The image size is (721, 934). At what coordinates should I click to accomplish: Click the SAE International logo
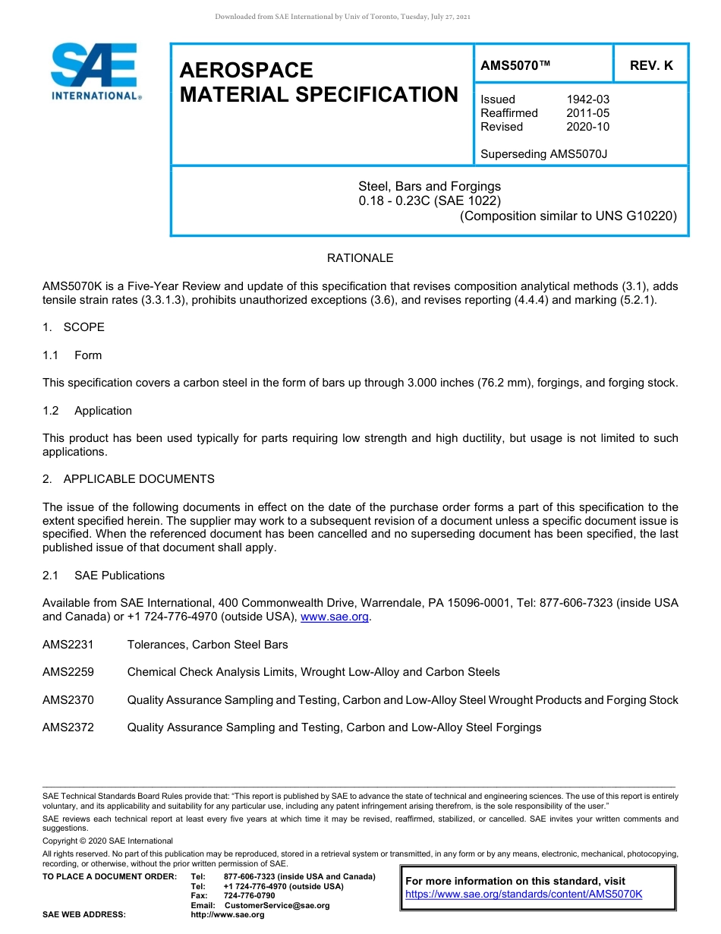[95, 71]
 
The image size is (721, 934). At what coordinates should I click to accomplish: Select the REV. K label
[651, 66]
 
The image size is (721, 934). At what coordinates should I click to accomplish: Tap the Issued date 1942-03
[587, 99]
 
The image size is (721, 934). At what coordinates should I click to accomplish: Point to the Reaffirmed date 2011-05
[587, 113]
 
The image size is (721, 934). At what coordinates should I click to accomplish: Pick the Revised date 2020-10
[587, 127]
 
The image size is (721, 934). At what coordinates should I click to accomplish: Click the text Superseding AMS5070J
[544, 154]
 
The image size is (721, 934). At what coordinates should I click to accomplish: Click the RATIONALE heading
[360, 258]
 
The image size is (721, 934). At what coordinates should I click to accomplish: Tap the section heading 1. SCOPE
[74, 327]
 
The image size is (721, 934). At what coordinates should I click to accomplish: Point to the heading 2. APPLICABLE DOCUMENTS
[128, 479]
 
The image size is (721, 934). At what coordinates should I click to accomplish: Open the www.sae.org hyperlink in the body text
[335, 617]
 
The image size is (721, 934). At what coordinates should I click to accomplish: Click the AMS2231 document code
[68, 645]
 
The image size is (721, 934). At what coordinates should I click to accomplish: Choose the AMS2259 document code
[68, 672]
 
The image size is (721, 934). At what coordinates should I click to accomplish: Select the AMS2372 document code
[68, 727]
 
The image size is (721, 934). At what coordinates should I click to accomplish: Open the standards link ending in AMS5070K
[524, 895]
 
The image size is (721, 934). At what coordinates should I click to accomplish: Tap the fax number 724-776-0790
[249, 896]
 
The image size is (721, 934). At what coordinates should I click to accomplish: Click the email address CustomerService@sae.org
[277, 906]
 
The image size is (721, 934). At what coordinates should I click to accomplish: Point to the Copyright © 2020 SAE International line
[108, 841]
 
